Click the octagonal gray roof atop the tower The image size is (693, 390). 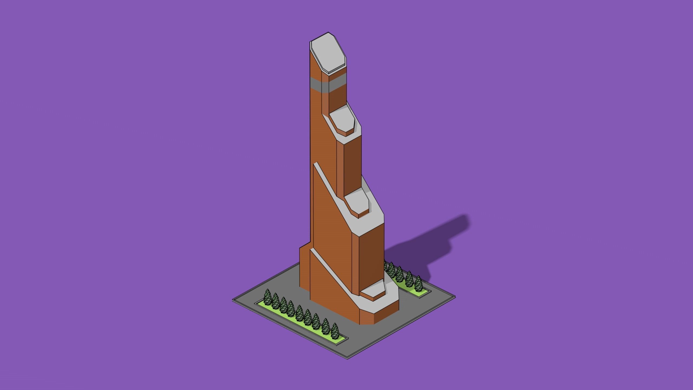point(328,54)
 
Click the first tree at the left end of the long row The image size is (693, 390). point(267,296)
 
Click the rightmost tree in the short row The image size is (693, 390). point(418,283)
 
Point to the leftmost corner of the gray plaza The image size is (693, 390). point(233,300)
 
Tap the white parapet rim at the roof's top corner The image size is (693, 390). point(328,33)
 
